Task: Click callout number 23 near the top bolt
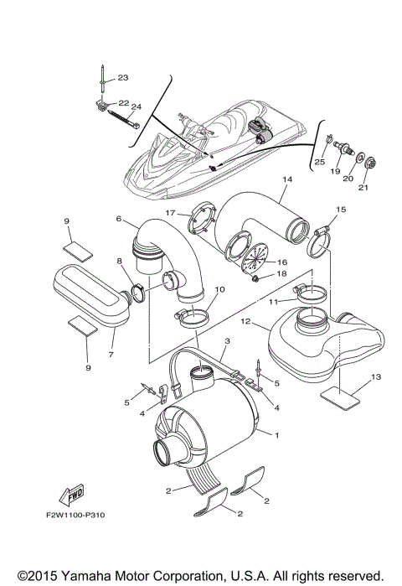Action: [x=122, y=78]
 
